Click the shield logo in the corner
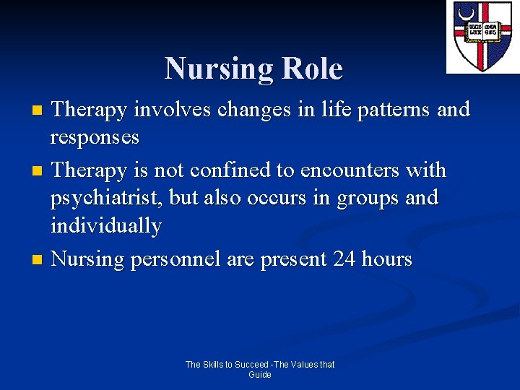click(x=482, y=36)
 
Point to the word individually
click(x=106, y=226)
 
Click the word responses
click(x=95, y=137)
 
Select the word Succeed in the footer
click(x=252, y=365)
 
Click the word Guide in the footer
click(x=260, y=375)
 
